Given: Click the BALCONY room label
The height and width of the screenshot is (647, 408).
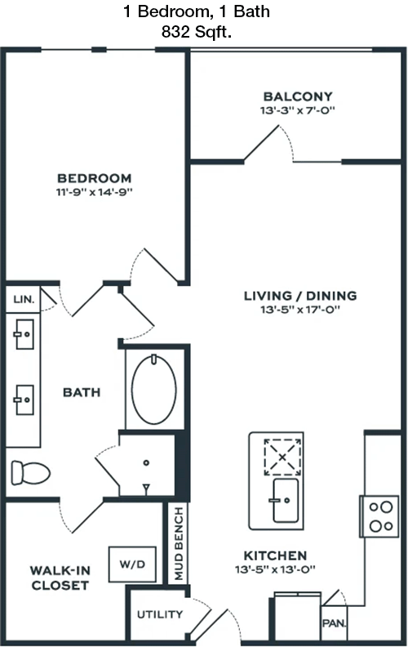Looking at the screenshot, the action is (x=298, y=96).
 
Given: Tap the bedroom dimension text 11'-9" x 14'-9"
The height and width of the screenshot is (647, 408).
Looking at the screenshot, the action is (x=95, y=192).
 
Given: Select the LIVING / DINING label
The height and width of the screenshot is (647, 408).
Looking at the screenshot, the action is (x=300, y=296).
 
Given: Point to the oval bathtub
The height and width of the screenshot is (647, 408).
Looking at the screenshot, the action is (x=153, y=390).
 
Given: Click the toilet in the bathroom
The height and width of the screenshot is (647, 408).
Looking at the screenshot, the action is (x=30, y=473).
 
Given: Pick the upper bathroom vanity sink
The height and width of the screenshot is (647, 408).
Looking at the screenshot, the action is (x=24, y=334).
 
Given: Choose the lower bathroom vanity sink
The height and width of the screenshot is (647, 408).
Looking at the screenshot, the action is (x=24, y=399).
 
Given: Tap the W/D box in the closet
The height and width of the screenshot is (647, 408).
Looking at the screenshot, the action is (x=132, y=564).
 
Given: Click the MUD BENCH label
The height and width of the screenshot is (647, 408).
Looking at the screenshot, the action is (x=179, y=543).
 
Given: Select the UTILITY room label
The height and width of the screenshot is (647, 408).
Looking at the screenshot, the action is (x=160, y=614).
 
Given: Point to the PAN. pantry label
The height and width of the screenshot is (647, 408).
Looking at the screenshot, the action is (x=335, y=623).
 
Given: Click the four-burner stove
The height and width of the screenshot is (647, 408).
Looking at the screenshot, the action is (x=379, y=516).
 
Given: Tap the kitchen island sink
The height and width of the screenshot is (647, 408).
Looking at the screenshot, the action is (x=285, y=501).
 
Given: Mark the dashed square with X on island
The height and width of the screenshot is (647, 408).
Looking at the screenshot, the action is (x=282, y=457).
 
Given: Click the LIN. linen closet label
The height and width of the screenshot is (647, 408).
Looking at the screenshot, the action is (x=24, y=299).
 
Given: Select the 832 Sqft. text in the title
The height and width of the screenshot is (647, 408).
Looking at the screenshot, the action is (x=197, y=32).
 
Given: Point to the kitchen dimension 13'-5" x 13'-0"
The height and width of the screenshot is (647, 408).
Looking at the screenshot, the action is (x=275, y=570).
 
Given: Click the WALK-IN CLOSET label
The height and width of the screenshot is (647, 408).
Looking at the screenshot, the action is (x=60, y=578).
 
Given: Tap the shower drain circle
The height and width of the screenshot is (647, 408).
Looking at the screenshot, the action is (x=146, y=463).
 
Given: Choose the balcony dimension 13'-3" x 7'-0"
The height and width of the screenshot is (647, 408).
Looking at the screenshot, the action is (x=298, y=110).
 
